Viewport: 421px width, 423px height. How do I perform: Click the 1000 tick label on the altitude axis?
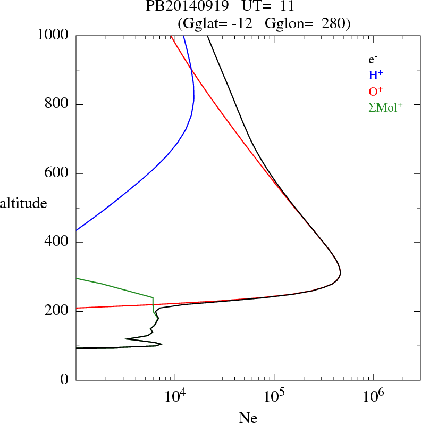tap(53, 35)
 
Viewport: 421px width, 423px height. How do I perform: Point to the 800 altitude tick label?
tap(57, 104)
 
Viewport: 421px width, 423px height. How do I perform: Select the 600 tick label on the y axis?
tap(57, 173)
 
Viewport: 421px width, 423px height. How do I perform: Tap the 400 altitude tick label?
tap(57, 243)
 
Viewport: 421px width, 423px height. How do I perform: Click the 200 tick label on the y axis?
tap(57, 311)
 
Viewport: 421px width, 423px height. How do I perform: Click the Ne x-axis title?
tap(248, 418)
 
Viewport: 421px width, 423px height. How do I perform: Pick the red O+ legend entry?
tap(376, 91)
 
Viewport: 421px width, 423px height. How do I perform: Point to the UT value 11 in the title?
tap(280, 7)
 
